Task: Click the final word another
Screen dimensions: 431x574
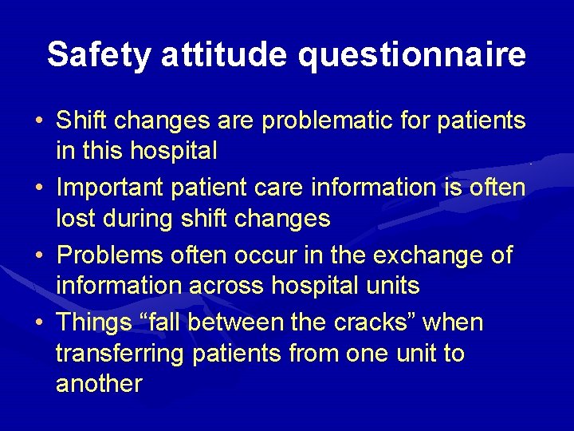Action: click(x=99, y=383)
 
